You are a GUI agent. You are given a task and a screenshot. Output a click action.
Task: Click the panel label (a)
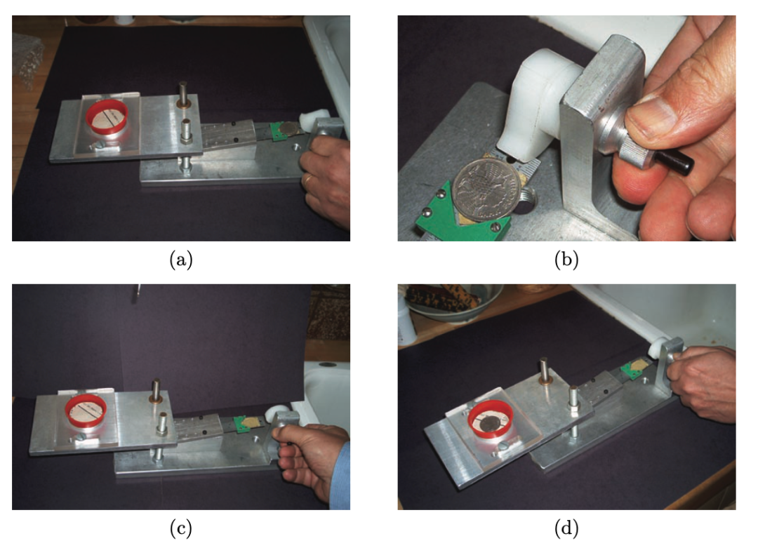181,260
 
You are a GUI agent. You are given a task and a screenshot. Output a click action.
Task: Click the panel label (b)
566,260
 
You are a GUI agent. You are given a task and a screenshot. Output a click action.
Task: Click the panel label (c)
181,528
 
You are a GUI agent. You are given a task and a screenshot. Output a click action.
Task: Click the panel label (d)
566,528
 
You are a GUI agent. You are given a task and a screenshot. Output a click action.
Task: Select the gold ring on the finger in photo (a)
307,181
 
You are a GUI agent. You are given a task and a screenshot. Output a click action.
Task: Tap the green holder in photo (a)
277,131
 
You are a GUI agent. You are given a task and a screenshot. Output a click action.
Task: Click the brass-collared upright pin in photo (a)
184,95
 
